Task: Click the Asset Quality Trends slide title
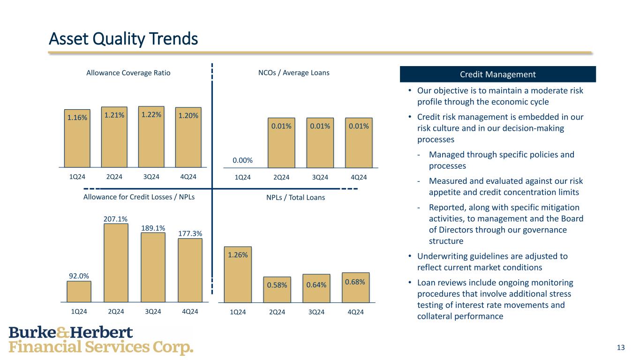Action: (123, 38)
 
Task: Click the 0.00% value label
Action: (242, 160)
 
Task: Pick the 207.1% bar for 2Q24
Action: (116, 262)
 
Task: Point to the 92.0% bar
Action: (79, 291)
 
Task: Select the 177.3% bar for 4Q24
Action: (190, 270)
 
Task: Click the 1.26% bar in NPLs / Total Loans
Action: (238, 274)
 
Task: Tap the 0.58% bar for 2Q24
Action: (277, 289)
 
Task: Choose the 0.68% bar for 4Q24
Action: (355, 287)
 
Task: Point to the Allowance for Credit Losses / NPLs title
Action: (139, 197)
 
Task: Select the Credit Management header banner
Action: (497, 74)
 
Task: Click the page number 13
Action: (621, 347)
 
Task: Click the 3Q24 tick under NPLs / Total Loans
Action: (317, 312)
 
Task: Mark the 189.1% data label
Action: (153, 228)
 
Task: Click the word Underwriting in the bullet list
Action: (440, 256)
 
